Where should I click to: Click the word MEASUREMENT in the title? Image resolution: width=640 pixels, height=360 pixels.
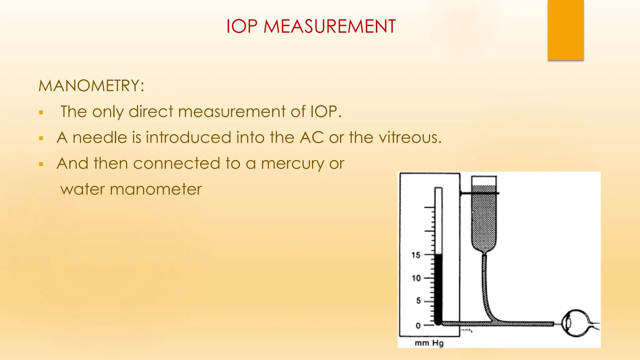[330, 26]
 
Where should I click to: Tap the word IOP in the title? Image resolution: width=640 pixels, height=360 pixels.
[242, 26]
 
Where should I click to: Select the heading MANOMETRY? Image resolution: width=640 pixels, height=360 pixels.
[91, 86]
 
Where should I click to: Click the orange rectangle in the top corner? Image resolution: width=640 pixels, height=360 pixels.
[566, 30]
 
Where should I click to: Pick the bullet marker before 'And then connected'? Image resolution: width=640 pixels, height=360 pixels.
[41, 164]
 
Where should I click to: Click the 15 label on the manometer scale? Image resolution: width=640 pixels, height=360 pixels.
[416, 255]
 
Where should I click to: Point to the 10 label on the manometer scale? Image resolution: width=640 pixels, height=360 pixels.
[416, 278]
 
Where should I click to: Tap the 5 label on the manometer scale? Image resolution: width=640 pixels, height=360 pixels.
[418, 301]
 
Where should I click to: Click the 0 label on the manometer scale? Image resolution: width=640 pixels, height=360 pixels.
[418, 326]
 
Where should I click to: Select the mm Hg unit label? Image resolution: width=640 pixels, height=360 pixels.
[429, 343]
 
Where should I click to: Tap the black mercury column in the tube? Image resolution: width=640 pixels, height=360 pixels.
[438, 289]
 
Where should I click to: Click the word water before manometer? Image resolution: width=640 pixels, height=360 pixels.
[82, 189]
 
